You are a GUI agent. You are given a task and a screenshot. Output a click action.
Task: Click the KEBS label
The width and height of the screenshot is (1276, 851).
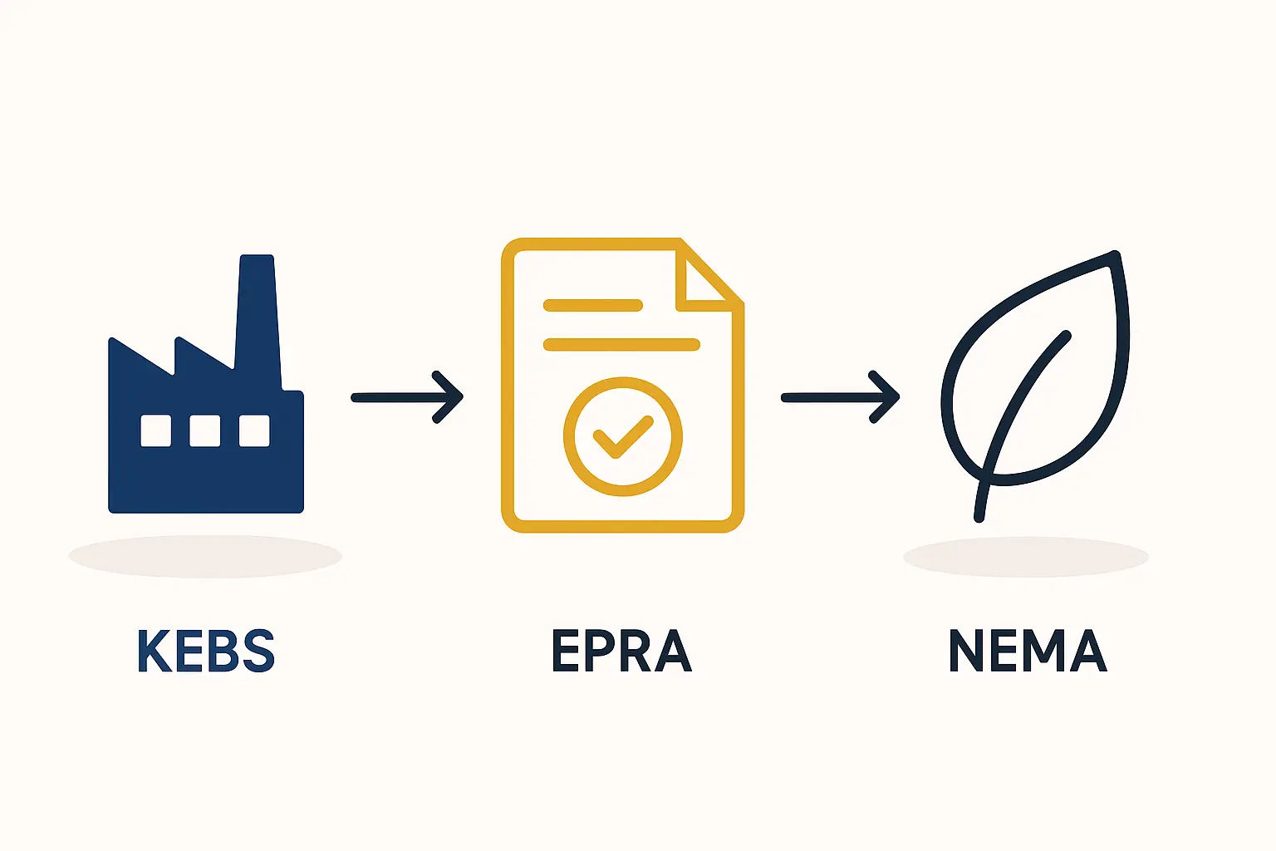pos(206,651)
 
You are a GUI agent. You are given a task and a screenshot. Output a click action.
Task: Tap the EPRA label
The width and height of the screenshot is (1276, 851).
pos(621,651)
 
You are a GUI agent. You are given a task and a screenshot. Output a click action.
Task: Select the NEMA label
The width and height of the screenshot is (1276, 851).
pos(1028,651)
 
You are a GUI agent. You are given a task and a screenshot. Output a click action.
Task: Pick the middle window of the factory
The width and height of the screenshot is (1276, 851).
pos(205,430)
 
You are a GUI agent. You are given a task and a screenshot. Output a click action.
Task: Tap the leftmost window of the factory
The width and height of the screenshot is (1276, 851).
pos(156,430)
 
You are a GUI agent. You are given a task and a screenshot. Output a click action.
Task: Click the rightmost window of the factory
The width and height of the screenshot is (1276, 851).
pos(254,430)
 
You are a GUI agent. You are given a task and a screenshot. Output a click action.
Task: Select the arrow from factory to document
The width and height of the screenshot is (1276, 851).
pos(407,397)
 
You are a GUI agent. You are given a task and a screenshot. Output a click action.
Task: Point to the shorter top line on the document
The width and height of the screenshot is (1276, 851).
pos(592,305)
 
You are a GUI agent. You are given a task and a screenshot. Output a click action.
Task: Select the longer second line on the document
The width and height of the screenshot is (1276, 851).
pos(621,344)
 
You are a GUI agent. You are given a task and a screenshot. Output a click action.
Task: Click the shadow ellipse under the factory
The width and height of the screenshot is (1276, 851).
pos(205,556)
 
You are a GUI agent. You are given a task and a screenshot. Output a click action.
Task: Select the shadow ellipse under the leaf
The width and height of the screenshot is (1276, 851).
pos(1026,557)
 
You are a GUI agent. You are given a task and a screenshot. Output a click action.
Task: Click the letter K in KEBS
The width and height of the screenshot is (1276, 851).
pos(153,651)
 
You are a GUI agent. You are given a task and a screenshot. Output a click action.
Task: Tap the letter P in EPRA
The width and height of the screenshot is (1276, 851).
pos(606,651)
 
